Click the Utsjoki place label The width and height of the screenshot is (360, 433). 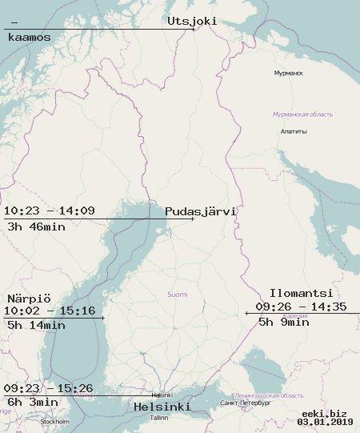192,22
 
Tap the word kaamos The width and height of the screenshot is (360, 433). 29,37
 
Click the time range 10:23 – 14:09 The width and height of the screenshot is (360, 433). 50,211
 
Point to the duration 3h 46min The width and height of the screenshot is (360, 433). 36,226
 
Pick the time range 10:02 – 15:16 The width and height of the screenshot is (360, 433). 50,311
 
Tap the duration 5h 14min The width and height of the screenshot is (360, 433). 36,325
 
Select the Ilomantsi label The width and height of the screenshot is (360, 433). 301,293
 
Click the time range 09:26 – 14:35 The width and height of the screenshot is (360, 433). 302,307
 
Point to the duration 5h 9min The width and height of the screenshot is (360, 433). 283,322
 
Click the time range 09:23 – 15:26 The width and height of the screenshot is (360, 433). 48,389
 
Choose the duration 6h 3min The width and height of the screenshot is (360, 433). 32,402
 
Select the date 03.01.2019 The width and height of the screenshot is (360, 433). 325,422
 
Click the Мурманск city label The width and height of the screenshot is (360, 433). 288,73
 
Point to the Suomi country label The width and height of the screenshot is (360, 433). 177,295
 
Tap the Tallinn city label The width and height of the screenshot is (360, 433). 159,418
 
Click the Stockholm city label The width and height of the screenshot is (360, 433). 55,421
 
